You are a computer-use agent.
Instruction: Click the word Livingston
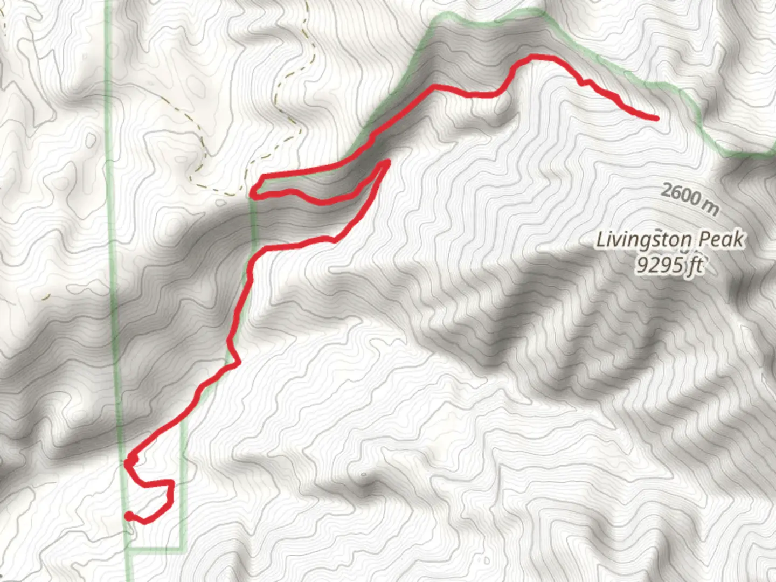click(643, 240)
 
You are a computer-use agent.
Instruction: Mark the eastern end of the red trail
click(656, 118)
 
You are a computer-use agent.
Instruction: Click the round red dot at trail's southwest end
click(128, 516)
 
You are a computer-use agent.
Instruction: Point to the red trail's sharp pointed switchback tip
click(387, 161)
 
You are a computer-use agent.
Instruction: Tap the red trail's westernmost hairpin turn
click(255, 194)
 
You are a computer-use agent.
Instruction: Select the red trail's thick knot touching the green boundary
click(130, 461)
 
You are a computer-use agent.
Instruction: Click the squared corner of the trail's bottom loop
click(171, 482)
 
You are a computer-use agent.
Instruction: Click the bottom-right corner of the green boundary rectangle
click(182, 549)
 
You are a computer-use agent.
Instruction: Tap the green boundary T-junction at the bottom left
click(129, 549)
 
